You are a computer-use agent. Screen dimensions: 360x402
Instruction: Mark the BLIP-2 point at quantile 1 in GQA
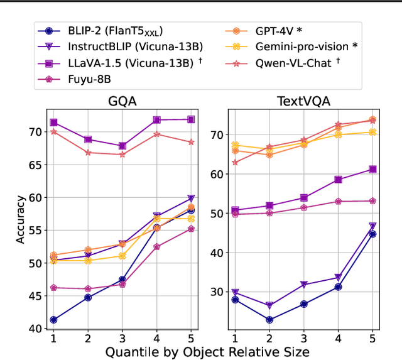tap(53, 320)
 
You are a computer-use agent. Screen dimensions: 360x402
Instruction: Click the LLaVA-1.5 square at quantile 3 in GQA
tap(122, 146)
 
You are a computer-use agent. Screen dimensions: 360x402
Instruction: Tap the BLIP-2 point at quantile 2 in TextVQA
tap(269, 320)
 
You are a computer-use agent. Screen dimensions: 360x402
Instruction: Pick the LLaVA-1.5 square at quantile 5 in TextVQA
tap(372, 169)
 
